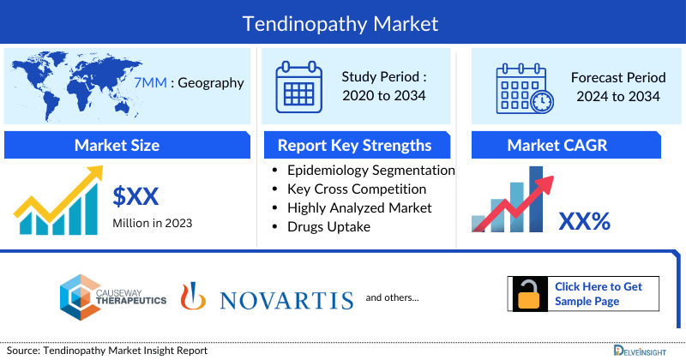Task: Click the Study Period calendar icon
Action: (x=298, y=87)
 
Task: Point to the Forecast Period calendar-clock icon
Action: (x=524, y=87)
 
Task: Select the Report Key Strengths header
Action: (x=354, y=145)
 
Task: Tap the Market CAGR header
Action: (x=569, y=145)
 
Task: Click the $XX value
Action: (x=136, y=196)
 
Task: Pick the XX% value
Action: (x=584, y=221)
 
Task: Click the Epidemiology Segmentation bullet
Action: (x=370, y=170)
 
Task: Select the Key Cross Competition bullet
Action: (x=357, y=189)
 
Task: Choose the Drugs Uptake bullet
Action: (x=329, y=226)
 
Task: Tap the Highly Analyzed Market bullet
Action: (x=359, y=207)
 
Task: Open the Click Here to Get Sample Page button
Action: (x=598, y=293)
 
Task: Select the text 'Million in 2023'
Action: (x=153, y=223)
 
